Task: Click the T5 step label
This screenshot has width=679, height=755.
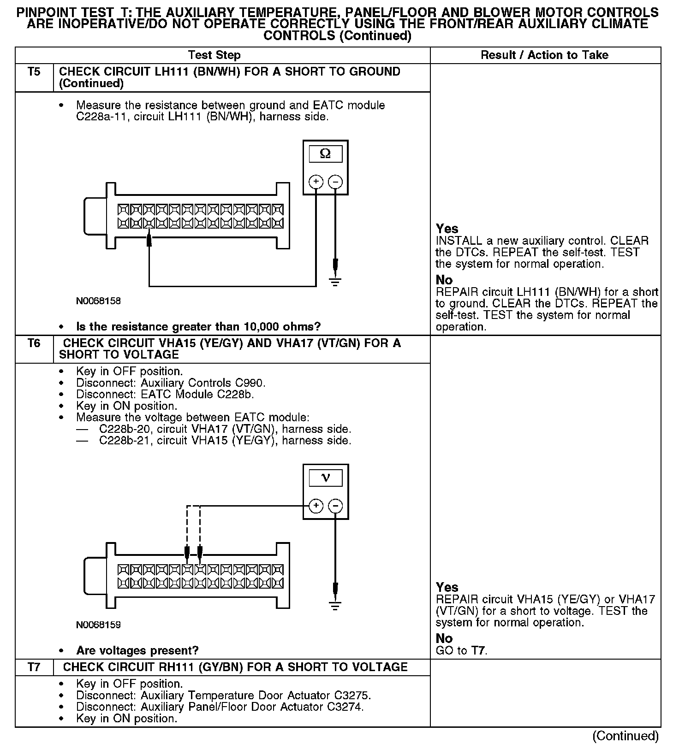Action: pyautogui.click(x=34, y=72)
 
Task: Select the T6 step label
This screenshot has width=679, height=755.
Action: pyautogui.click(x=34, y=343)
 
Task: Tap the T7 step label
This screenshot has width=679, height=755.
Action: pyautogui.click(x=34, y=667)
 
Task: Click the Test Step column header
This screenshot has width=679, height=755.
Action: pyautogui.click(x=214, y=55)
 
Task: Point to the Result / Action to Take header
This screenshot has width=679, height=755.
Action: pyautogui.click(x=544, y=55)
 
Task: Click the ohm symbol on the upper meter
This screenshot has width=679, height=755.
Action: pyautogui.click(x=325, y=154)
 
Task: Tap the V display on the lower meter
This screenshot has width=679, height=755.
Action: pyautogui.click(x=325, y=478)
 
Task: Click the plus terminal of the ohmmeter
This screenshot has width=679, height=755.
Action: pyautogui.click(x=316, y=182)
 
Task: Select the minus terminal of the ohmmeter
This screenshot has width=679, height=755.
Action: pyautogui.click(x=335, y=182)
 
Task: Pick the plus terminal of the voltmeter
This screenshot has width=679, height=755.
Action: pyautogui.click(x=316, y=506)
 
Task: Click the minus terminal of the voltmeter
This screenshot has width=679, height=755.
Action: pyautogui.click(x=335, y=506)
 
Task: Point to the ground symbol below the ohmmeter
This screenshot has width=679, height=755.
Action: pyautogui.click(x=335, y=282)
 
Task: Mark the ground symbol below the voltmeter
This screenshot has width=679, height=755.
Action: pyautogui.click(x=335, y=606)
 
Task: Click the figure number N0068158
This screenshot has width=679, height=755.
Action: pyautogui.click(x=98, y=301)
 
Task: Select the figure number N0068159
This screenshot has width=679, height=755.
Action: pyautogui.click(x=98, y=625)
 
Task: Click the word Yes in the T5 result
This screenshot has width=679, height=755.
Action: pyautogui.click(x=447, y=229)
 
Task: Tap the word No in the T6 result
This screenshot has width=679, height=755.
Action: pyautogui.click(x=444, y=638)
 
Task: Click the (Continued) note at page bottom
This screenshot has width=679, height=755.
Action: pyautogui.click(x=625, y=736)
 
